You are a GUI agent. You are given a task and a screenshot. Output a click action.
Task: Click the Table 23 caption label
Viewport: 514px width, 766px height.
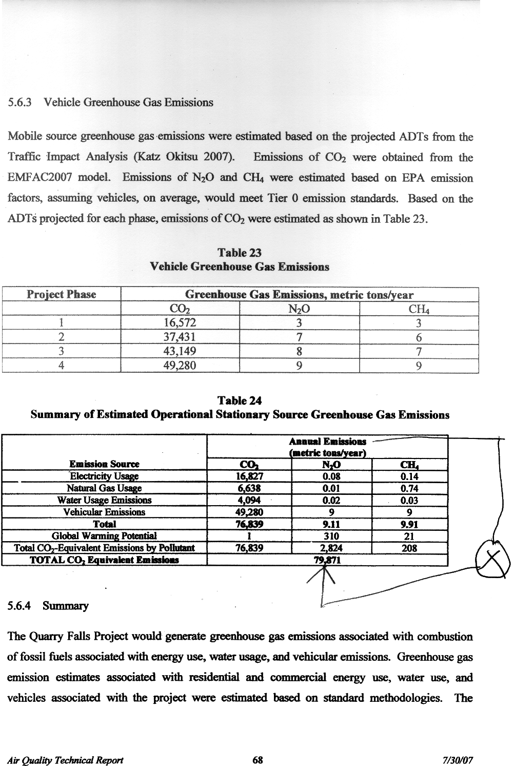[x=240, y=253]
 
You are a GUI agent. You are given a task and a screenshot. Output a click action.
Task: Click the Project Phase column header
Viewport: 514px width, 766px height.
[x=61, y=295]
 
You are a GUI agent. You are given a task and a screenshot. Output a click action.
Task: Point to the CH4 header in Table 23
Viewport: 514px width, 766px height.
[x=419, y=309]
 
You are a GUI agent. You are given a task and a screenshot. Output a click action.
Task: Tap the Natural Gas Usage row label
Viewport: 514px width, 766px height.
[x=104, y=488]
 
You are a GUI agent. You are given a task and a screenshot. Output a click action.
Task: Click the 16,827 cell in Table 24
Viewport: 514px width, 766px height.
[x=249, y=476]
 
